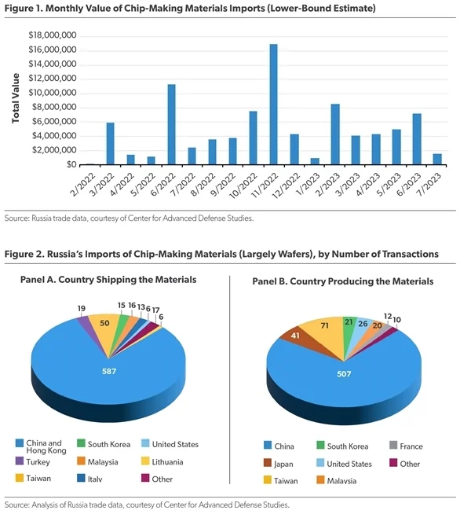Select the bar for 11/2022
273,105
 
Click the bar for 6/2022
171,125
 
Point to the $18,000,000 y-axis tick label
51,35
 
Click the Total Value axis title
15,99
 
